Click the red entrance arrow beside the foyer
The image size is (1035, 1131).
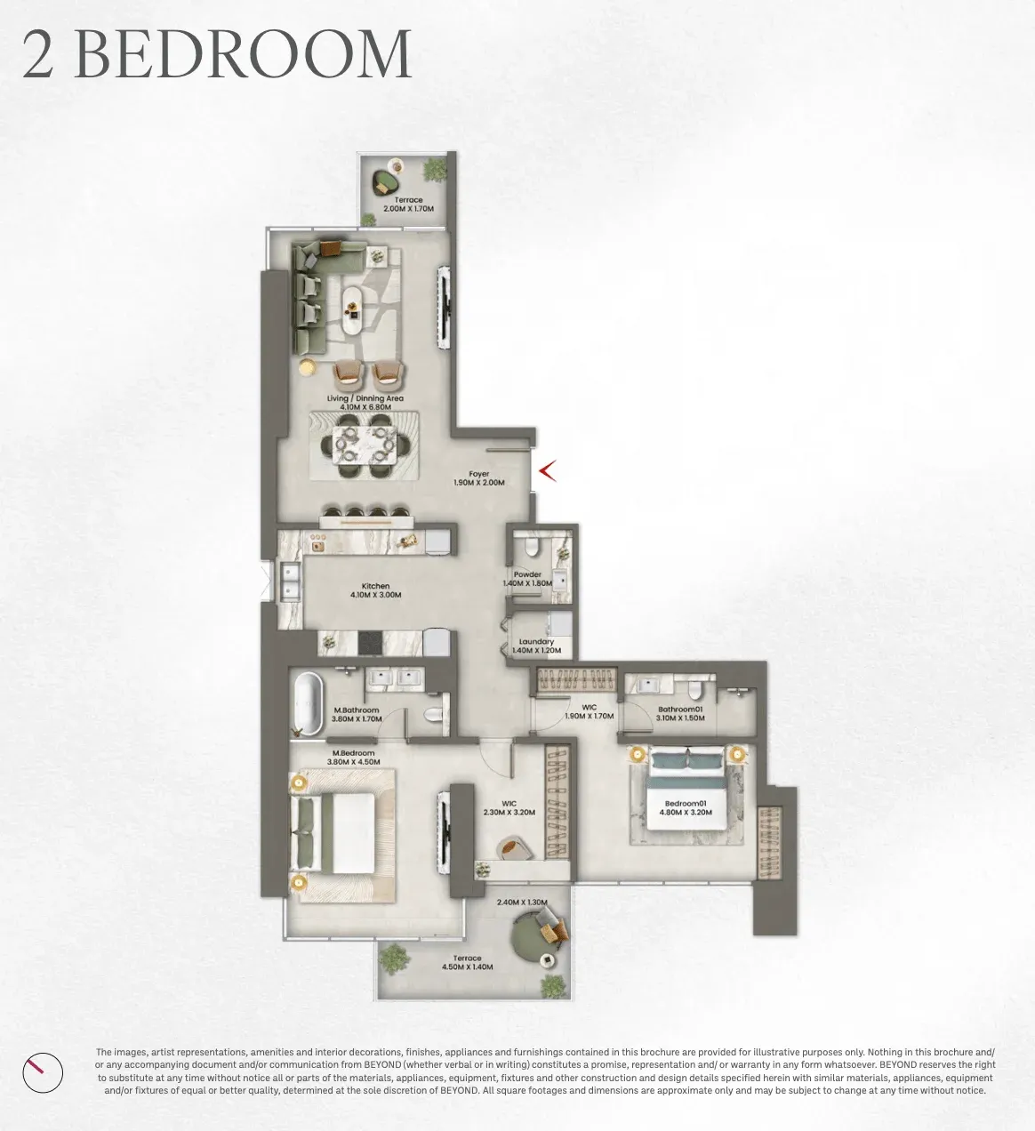tap(547, 470)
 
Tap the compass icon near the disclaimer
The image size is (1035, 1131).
tap(43, 1072)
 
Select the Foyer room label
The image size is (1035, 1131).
tap(479, 474)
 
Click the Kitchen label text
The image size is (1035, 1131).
tap(375, 586)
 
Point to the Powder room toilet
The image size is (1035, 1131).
tap(531, 546)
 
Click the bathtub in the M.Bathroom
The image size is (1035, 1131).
tap(307, 705)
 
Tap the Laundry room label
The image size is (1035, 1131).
tap(536, 642)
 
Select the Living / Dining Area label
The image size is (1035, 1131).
tap(365, 398)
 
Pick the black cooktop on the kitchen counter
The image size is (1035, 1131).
tap(370, 643)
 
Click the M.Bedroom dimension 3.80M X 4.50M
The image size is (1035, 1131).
tap(354, 762)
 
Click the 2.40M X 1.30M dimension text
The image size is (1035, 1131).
tap(522, 902)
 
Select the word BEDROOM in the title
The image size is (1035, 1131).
tap(243, 55)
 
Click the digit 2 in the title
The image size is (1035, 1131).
tap(38, 55)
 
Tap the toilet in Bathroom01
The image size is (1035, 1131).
tap(694, 689)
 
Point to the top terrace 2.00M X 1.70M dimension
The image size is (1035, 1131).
tap(409, 209)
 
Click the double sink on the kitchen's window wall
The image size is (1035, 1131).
tap(290, 582)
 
